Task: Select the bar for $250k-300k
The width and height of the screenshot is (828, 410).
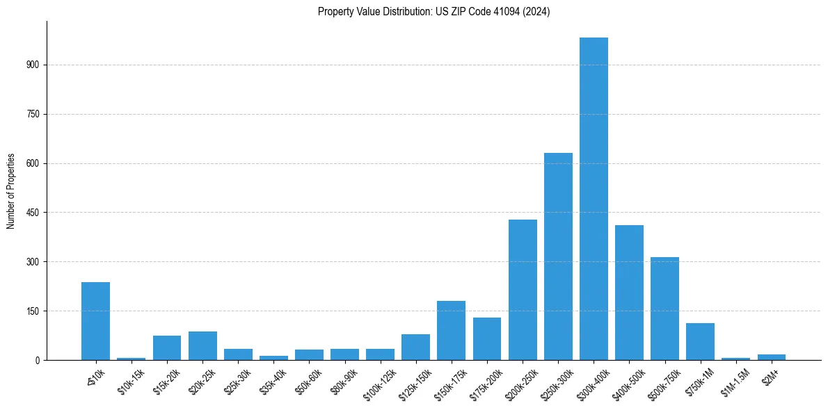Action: [x=558, y=256]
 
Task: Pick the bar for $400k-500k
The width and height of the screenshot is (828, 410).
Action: [x=629, y=293]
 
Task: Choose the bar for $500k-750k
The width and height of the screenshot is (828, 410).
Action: [x=664, y=309]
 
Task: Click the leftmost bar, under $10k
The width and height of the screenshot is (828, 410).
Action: [x=95, y=321]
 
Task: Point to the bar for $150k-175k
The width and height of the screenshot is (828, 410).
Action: [x=451, y=330]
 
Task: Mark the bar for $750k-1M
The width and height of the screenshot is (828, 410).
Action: [x=700, y=341]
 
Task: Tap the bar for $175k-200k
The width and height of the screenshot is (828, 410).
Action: [x=487, y=338]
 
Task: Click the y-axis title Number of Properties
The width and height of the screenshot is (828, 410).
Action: [x=10, y=190]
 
